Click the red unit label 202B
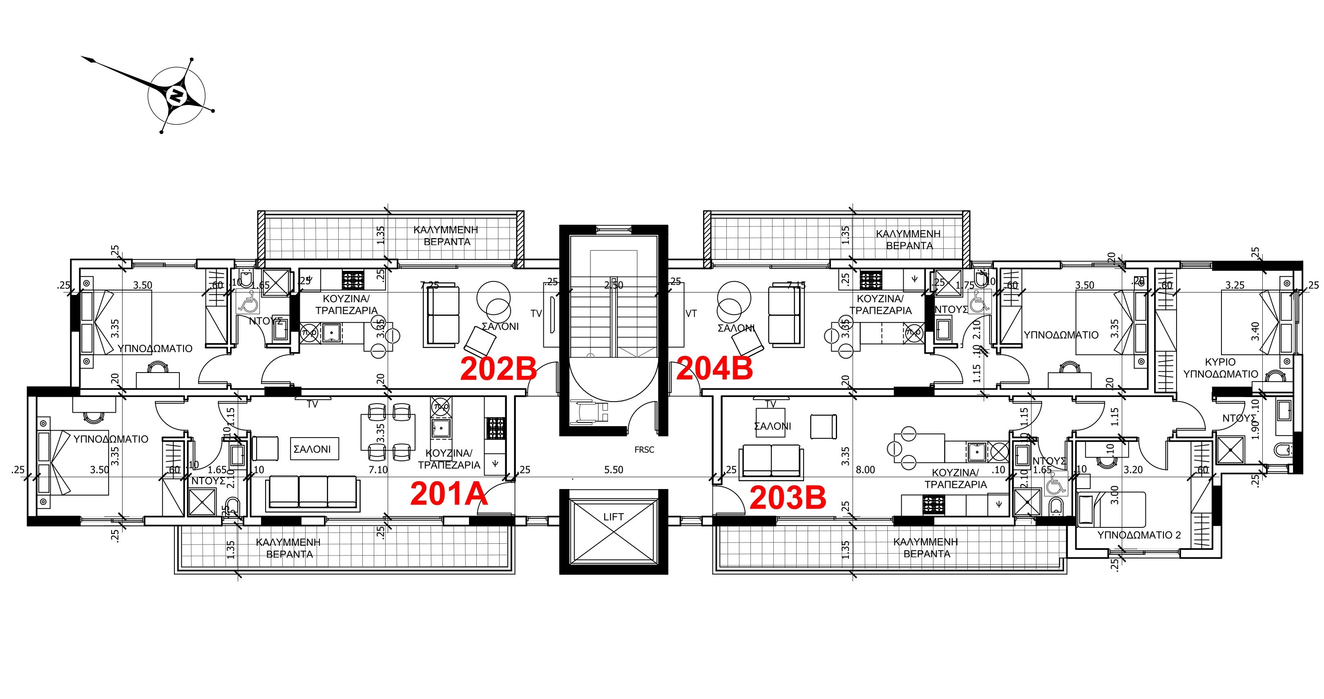coord(498,368)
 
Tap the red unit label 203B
coord(787,498)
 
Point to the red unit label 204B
coord(714,368)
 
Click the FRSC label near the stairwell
coord(644,450)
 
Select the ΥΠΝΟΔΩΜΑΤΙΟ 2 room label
coord(1139,535)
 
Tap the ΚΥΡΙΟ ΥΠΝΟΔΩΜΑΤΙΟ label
coord(1220,368)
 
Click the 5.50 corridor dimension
coord(613,470)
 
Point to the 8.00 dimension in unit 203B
coord(865,470)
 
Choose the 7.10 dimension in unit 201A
coord(378,470)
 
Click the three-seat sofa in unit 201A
coord(312,492)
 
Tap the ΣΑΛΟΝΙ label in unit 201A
coord(312,449)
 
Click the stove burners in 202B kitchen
coord(353,280)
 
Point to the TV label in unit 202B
coord(536,313)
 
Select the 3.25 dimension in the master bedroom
coord(1235,285)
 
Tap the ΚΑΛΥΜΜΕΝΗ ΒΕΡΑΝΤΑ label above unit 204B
coord(908,239)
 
